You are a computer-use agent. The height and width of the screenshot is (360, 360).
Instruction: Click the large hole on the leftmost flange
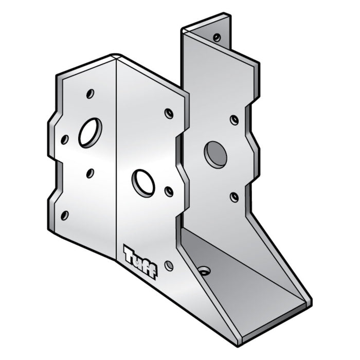coord(89,133)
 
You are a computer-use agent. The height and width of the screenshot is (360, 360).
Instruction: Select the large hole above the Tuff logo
coord(143,183)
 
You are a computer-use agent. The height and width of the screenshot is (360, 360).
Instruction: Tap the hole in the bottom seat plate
coord(204,271)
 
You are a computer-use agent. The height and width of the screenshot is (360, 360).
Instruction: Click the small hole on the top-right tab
coord(217,37)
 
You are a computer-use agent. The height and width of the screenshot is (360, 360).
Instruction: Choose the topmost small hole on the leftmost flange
coord(90,94)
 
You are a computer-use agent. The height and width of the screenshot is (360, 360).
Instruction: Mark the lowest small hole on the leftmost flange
coord(65,215)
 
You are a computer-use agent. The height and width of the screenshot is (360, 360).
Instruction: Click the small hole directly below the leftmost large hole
coord(90,173)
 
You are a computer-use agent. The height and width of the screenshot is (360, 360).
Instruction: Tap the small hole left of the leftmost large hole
coord(65,139)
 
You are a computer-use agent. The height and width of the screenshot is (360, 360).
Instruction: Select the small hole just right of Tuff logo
coord(169,266)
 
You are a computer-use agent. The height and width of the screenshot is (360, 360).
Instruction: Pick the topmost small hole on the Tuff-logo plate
coord(169,113)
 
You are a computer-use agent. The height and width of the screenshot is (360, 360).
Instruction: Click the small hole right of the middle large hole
coord(169,192)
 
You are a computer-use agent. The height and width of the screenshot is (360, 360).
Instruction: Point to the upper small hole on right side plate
coord(234,120)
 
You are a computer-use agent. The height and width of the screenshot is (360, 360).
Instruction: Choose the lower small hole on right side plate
coord(234,197)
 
